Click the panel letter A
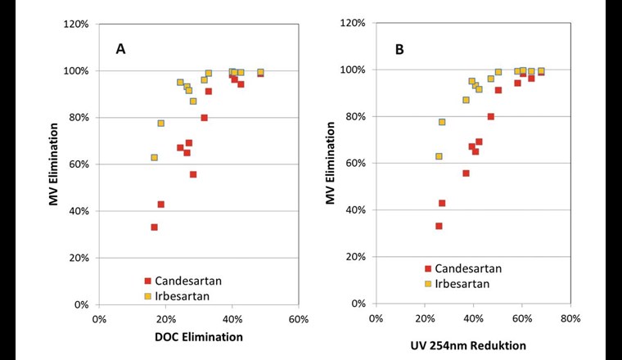click(120, 49)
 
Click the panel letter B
click(399, 49)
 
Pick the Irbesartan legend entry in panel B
click(462, 284)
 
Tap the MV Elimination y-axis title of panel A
click(53, 164)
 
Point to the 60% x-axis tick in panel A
click(298, 319)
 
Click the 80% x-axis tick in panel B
click(570, 319)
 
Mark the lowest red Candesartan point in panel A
click(154, 227)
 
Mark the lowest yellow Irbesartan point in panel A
click(154, 157)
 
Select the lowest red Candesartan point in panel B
click(439, 226)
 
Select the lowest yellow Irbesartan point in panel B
click(439, 156)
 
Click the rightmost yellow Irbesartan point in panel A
click(260, 73)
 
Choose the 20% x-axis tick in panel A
click(165, 319)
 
